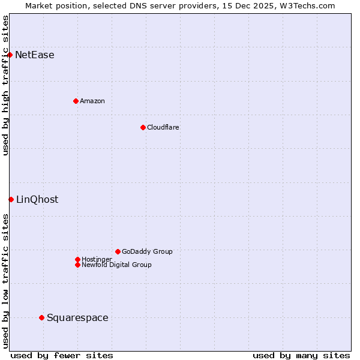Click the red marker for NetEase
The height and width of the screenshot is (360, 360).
(10, 55)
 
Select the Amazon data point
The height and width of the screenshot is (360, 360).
(76, 101)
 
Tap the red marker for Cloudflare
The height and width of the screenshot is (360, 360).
(143, 127)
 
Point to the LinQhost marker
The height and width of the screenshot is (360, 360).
(11, 199)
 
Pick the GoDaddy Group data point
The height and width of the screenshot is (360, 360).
(118, 251)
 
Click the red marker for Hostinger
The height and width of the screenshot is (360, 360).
(77, 259)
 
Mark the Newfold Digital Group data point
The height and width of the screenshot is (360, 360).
(77, 265)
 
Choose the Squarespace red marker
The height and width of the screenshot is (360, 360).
(41, 317)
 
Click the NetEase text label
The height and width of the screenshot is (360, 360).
(35, 55)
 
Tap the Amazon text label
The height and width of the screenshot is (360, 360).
(92, 101)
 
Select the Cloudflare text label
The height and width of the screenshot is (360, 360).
(163, 127)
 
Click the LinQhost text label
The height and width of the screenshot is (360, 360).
(37, 200)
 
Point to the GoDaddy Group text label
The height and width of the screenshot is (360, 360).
(147, 251)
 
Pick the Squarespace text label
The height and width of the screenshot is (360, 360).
(77, 318)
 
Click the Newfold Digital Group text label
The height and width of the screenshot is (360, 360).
(117, 265)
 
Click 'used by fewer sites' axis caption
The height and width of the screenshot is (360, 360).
(62, 355)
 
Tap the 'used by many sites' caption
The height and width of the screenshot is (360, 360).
(301, 355)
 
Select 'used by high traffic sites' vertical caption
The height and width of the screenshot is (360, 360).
(5, 85)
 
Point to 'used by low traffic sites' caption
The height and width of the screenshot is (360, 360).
(5, 280)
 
